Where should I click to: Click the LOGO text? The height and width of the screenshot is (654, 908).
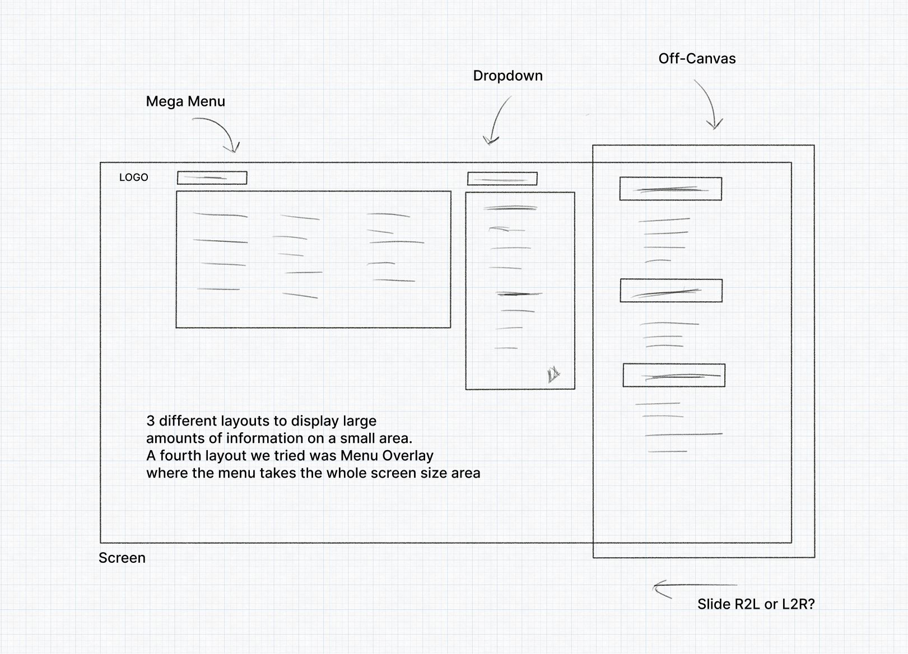133,177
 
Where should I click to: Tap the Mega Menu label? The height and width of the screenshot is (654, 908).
185,101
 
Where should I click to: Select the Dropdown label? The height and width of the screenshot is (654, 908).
507,76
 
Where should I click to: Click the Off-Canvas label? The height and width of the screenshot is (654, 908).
697,58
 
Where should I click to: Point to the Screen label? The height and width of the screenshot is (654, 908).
122,558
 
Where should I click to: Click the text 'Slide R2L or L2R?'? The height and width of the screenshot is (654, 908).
756,604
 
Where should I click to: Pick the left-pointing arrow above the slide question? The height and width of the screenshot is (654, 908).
694,586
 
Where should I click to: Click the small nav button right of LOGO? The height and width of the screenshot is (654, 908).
212,178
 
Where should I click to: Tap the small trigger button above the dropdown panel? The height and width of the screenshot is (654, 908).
502,179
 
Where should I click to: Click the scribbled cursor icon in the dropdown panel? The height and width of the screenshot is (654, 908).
553,375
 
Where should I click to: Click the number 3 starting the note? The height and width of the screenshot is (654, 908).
150,421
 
